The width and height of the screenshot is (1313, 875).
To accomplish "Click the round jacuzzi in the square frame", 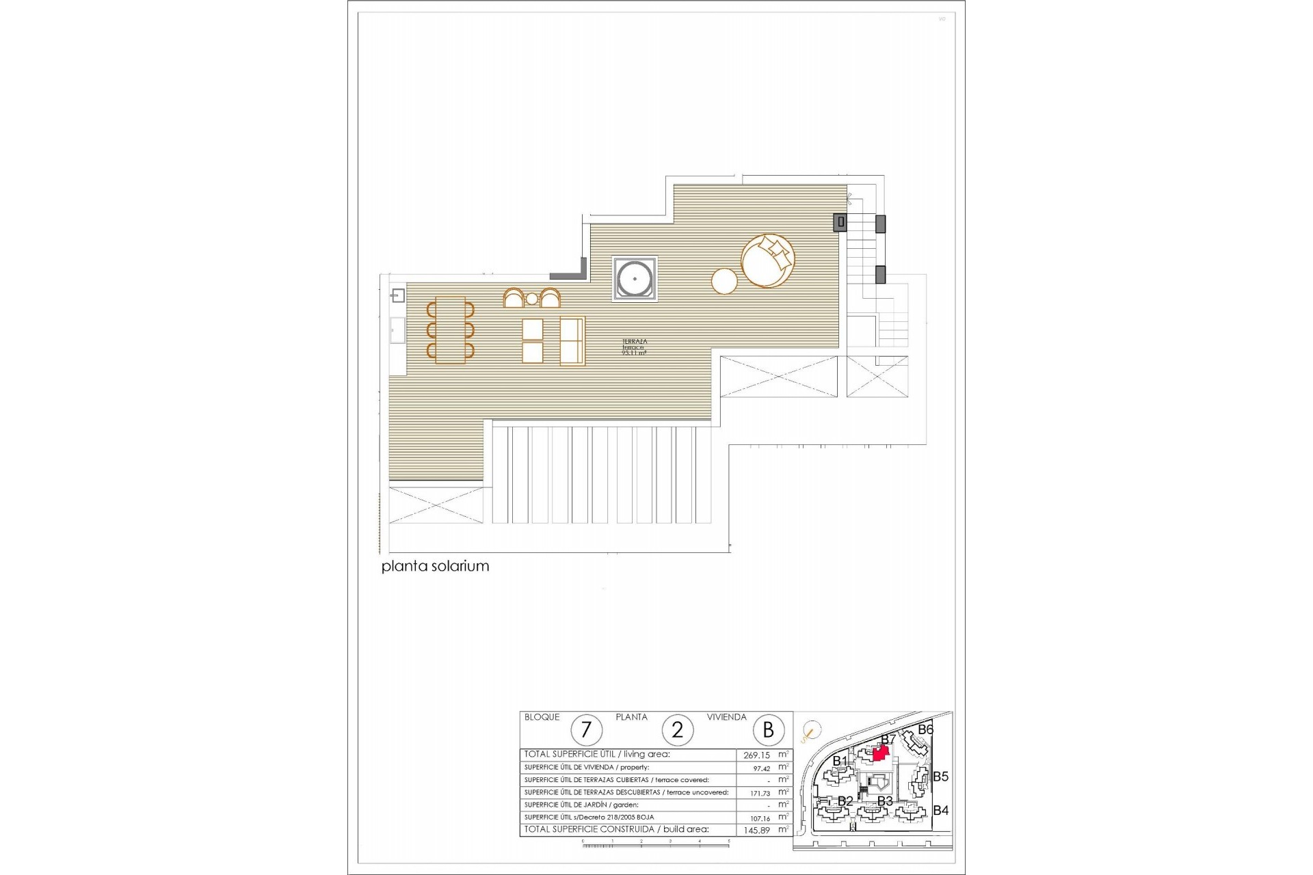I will (x=635, y=279).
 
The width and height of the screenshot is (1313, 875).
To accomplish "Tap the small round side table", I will (x=724, y=281).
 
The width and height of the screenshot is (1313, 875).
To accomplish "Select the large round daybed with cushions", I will (x=767, y=261).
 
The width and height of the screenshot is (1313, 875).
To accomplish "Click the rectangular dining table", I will (x=450, y=330).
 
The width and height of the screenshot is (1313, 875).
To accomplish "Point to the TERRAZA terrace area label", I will (x=634, y=347).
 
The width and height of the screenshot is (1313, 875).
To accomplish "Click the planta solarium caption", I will (x=435, y=566).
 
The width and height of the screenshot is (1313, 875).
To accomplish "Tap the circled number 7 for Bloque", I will (x=586, y=730).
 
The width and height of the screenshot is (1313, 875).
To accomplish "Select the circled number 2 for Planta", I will (x=677, y=730).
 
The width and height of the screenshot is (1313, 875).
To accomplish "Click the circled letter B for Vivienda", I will (x=768, y=730).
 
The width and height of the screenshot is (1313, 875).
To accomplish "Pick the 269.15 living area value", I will (x=756, y=755).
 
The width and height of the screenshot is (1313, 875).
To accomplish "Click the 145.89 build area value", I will (x=756, y=831).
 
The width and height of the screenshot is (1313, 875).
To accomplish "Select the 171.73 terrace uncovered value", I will (x=760, y=794).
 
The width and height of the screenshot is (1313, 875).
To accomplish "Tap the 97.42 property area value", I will (x=761, y=768).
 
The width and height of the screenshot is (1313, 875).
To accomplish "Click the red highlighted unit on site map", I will (x=881, y=753).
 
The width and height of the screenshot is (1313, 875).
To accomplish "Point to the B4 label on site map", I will (x=940, y=811).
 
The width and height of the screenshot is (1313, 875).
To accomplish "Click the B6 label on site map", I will (x=925, y=730).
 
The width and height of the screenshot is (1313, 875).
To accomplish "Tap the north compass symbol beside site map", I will (x=811, y=731).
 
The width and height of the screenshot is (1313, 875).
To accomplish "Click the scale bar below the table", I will (x=655, y=845).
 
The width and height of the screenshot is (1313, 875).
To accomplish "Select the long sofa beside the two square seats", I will (x=572, y=340).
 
